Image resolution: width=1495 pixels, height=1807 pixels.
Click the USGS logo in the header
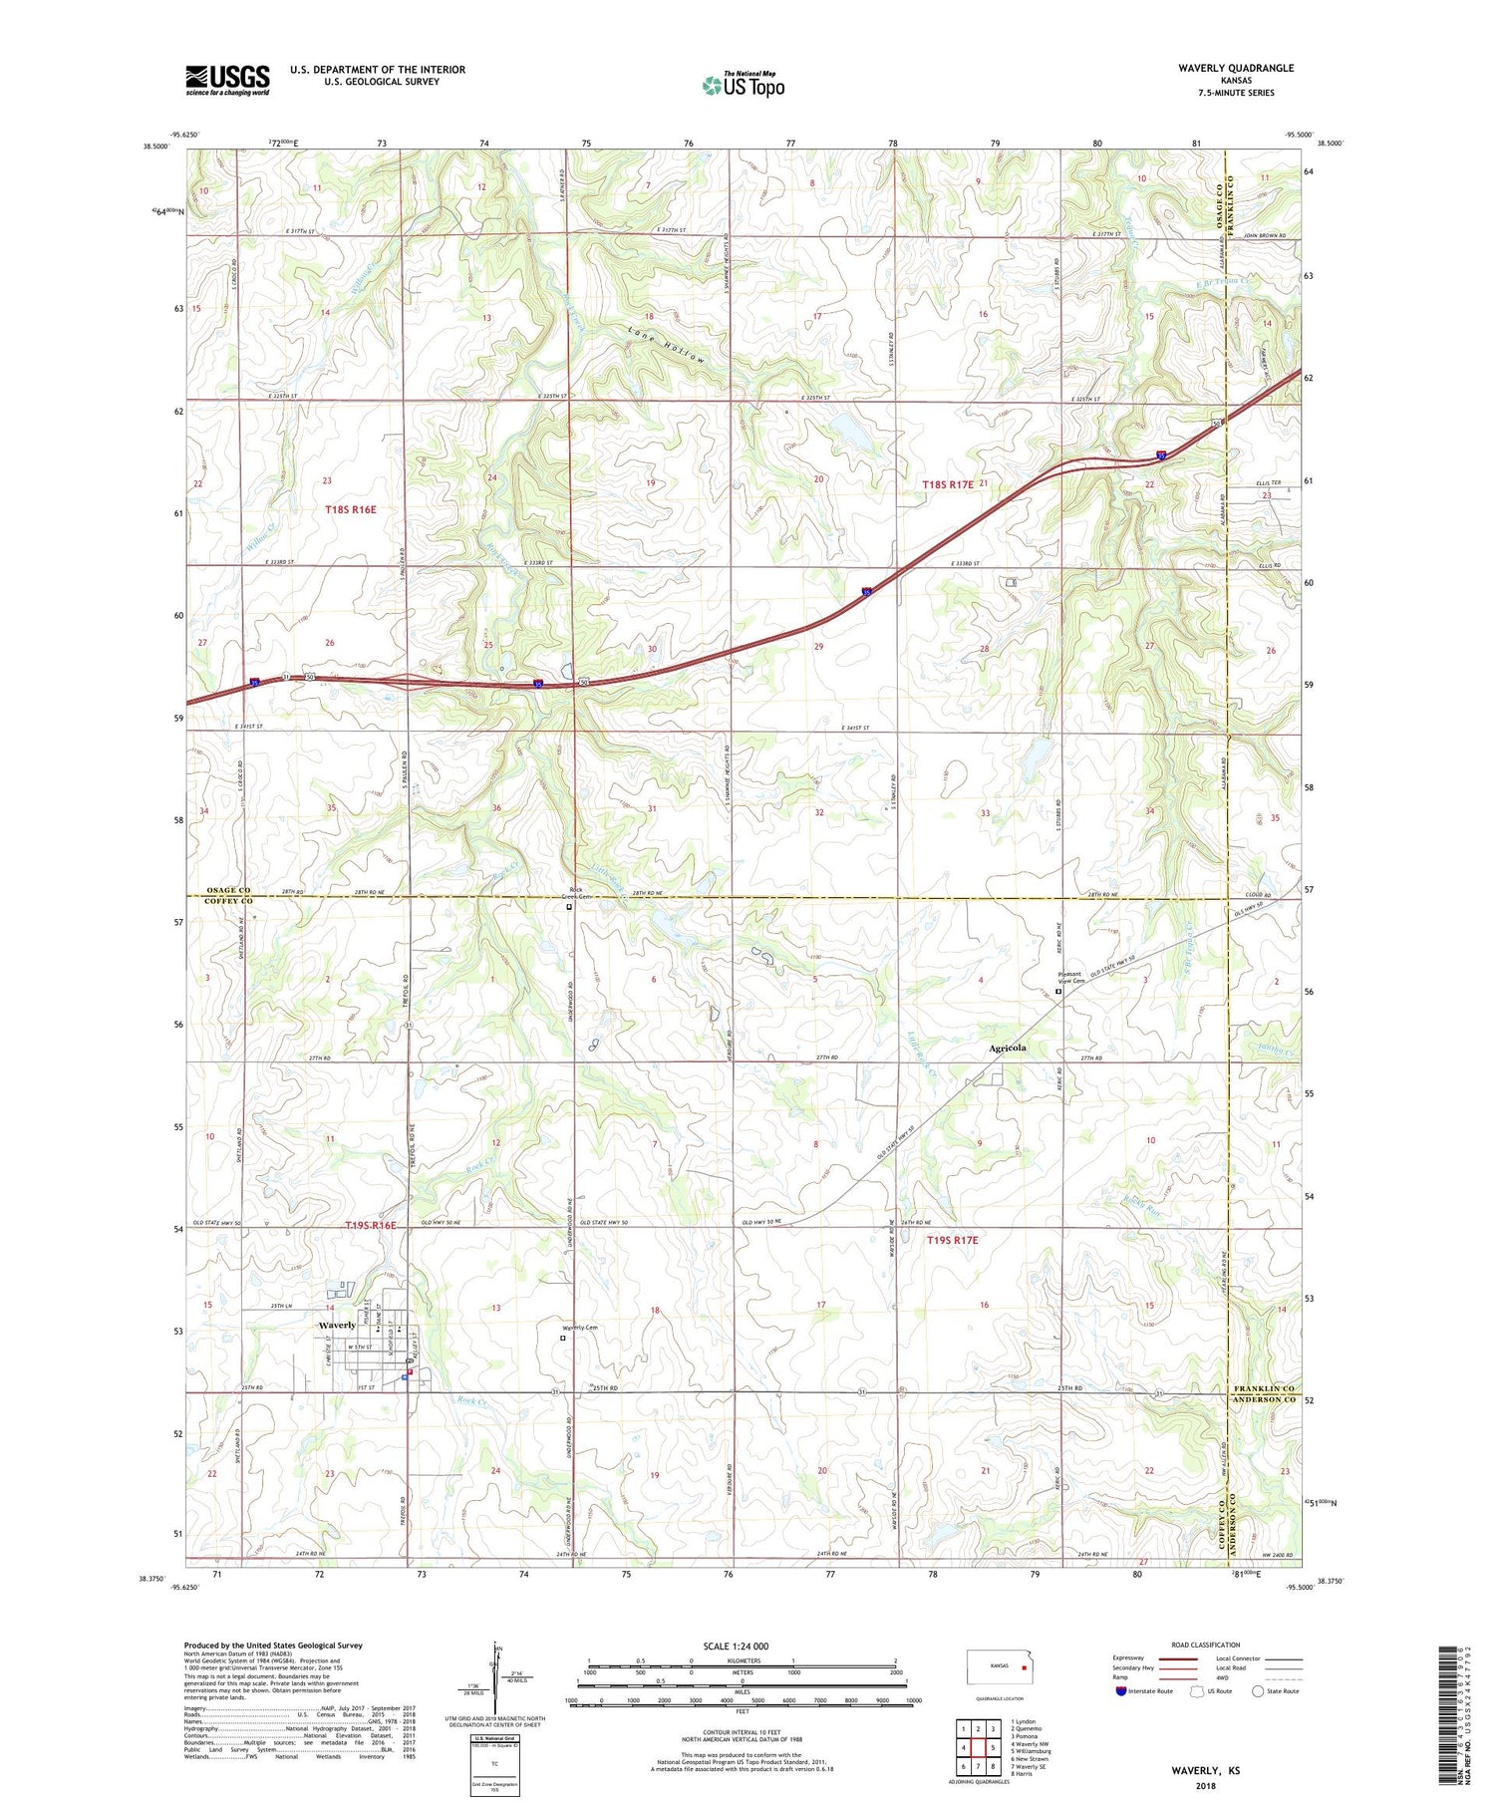(227, 80)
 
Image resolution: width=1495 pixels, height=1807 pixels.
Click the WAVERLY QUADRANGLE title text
(1235, 69)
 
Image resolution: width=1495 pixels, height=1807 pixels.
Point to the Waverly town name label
(337, 1325)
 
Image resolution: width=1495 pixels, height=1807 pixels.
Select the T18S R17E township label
(947, 484)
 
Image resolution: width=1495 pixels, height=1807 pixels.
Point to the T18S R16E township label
(351, 509)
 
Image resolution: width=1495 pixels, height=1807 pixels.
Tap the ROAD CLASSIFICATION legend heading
(1206, 1645)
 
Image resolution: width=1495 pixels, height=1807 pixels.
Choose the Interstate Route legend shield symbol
(1121, 1691)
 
